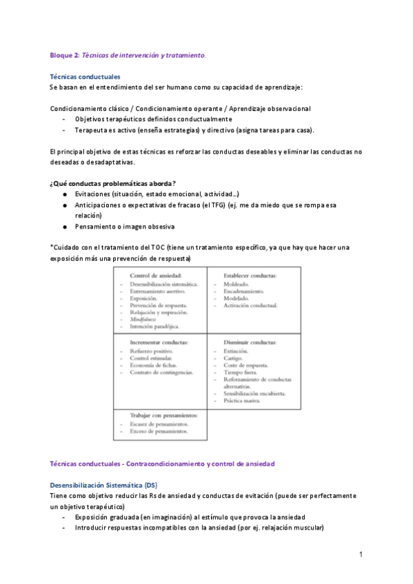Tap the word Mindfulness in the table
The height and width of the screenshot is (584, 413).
[143, 320]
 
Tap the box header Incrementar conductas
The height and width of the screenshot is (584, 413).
[159, 342]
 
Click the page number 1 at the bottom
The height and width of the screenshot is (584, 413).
[361, 554]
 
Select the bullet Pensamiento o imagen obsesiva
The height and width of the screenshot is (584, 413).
[125, 226]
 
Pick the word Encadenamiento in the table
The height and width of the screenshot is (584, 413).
[248, 292]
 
